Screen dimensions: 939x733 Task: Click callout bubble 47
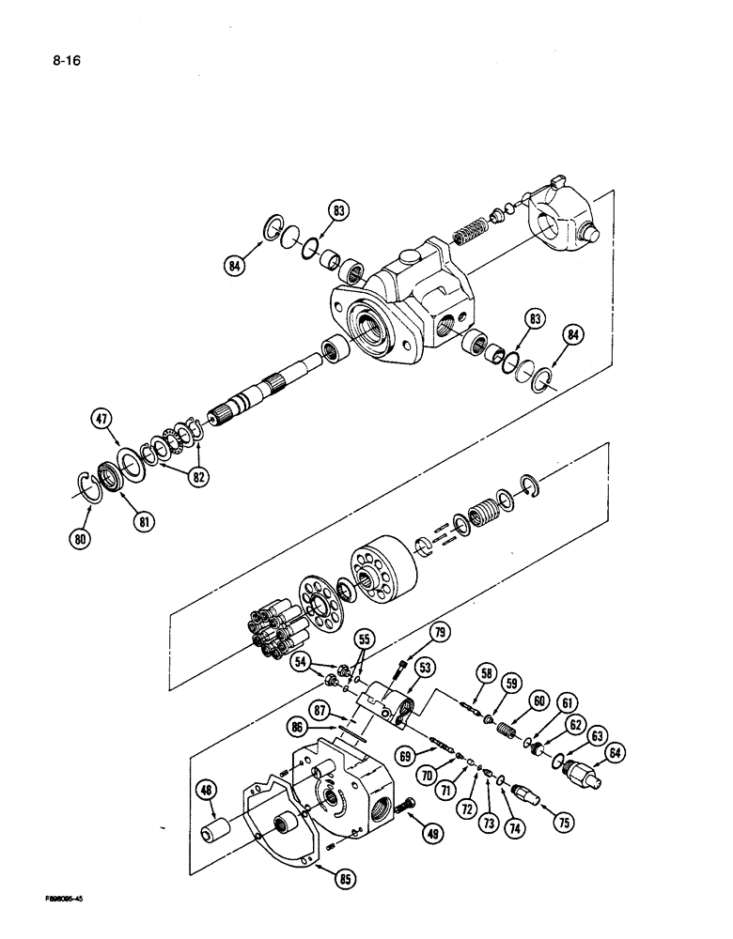101,419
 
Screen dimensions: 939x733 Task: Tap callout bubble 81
142,519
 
